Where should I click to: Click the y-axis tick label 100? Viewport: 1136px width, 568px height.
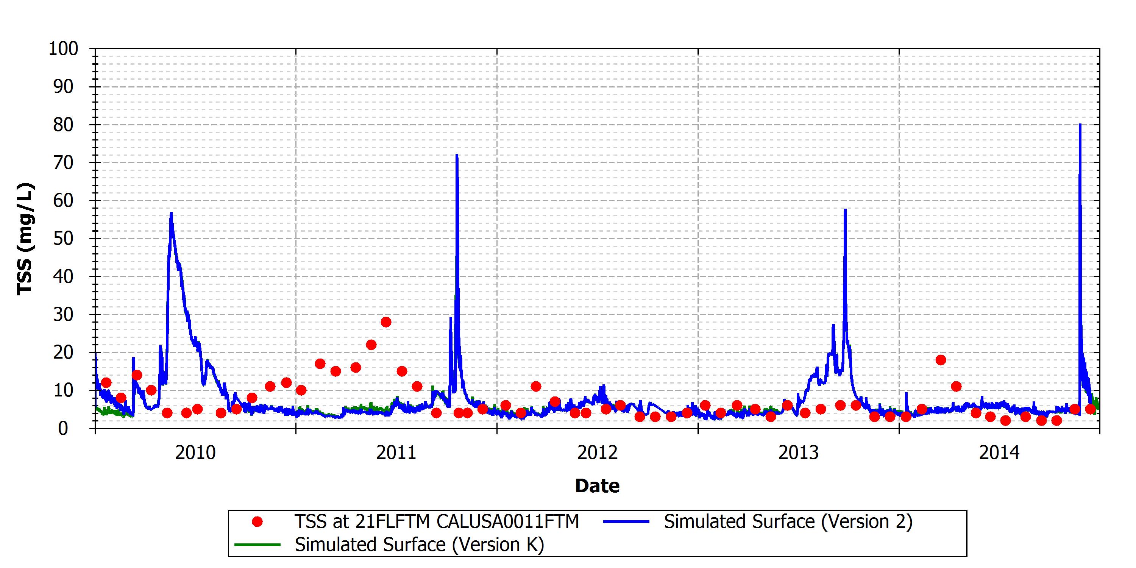tap(64, 48)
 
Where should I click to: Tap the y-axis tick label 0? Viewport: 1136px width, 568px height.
tap(63, 428)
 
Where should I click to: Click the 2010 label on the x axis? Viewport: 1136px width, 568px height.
tap(195, 453)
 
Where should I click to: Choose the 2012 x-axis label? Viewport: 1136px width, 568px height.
tap(598, 453)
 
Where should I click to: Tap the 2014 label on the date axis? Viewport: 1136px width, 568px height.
tap(1000, 453)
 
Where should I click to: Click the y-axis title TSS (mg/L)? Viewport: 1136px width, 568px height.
tap(25, 239)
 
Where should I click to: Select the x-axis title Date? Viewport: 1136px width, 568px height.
tap(598, 486)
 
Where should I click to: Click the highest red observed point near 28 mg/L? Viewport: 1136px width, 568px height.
tap(386, 322)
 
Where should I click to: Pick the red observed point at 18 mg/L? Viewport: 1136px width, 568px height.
tap(941, 360)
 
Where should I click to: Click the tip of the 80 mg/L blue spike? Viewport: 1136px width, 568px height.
tap(1080, 124)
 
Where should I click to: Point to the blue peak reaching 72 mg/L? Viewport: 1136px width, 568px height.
tap(457, 155)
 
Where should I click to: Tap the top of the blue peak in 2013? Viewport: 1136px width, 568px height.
tap(845, 209)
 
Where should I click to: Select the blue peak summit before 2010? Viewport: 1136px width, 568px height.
tap(171, 213)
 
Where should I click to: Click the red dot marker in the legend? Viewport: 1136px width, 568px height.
tap(257, 522)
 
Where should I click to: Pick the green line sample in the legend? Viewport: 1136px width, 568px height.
tap(257, 545)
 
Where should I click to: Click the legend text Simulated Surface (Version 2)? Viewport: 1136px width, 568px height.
tap(788, 522)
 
